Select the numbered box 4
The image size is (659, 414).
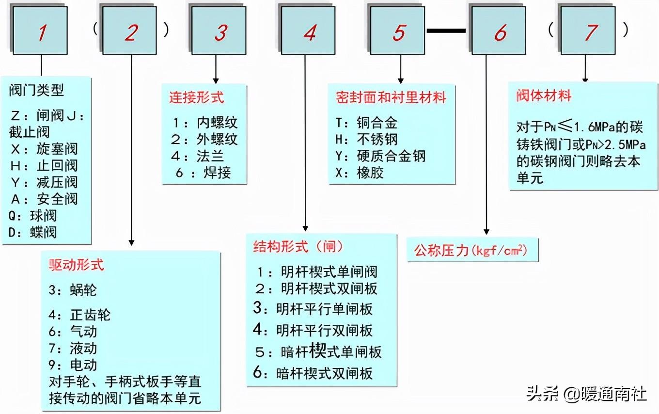coord(310,32)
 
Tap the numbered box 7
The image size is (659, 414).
coord(591,32)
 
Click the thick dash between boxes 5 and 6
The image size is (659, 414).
coord(446,31)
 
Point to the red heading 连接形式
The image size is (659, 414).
coord(196,97)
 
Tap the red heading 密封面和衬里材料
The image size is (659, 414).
coord(391,97)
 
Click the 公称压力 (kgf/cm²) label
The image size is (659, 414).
coord(470,250)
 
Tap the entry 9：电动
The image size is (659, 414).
coord(73,365)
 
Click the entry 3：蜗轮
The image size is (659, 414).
coord(73,290)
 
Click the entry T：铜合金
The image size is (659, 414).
coord(366,123)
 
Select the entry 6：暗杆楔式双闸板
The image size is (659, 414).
coord(313,373)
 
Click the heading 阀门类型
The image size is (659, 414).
coord(36,90)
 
